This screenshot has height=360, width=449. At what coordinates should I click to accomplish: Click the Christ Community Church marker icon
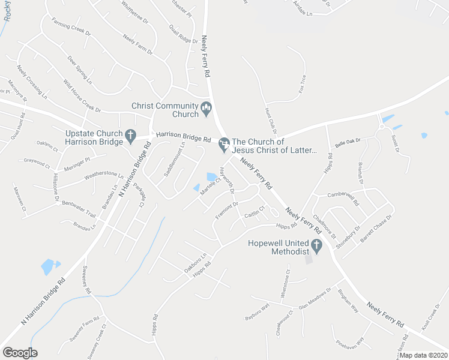click(x=207, y=109)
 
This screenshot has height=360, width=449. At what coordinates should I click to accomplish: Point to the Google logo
click(x=20, y=353)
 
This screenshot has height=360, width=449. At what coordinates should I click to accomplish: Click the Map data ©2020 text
click(x=423, y=355)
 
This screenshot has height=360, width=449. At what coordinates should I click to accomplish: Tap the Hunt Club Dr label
click(x=270, y=121)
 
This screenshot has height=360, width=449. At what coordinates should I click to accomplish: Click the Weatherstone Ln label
click(x=103, y=176)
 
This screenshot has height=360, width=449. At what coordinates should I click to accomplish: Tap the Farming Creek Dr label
click(x=70, y=28)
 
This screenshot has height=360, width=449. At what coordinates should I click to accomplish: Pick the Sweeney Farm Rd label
click(x=84, y=322)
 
